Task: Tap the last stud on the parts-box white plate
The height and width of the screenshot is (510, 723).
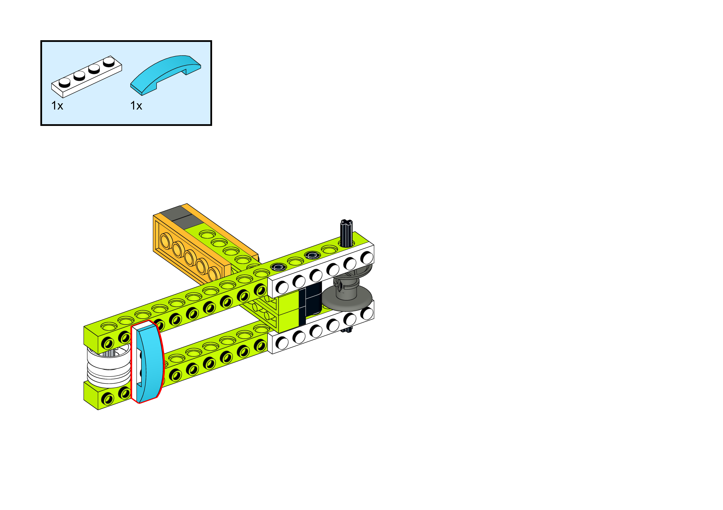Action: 109,61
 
